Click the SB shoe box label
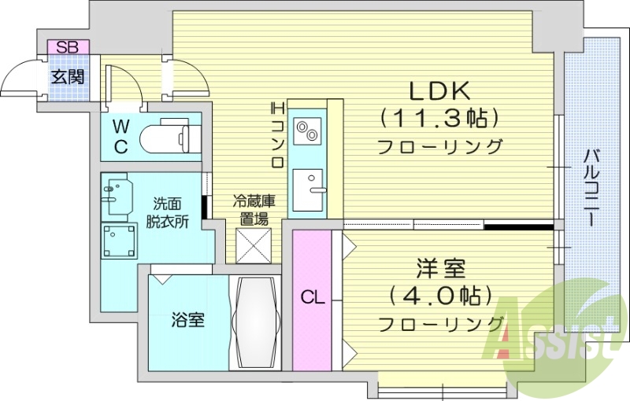pos(67,47)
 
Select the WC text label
pos(120,136)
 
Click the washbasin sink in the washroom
pos(117,195)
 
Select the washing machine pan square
pos(119,241)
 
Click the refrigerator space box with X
pos(253,245)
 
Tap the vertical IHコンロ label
pos(277,134)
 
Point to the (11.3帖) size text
pos(439,119)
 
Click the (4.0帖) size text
pos(439,296)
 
